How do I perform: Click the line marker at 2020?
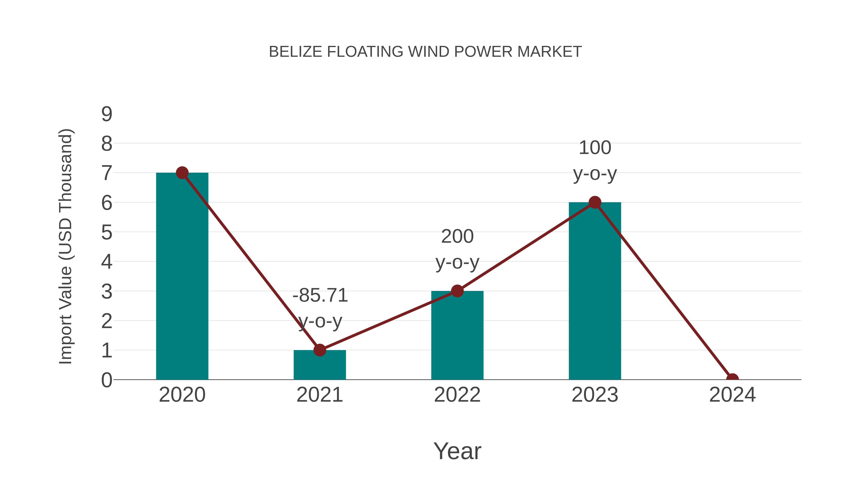tap(182, 173)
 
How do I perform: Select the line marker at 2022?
tap(457, 291)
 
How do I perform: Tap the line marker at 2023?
tap(595, 202)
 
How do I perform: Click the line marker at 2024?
tap(732, 379)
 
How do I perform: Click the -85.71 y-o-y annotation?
tap(320, 308)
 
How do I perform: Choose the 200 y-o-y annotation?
tap(457, 249)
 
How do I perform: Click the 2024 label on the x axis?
tap(732, 395)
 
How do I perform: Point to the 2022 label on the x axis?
tap(457, 395)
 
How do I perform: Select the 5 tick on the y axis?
tap(107, 232)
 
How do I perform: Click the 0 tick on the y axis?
tap(107, 380)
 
